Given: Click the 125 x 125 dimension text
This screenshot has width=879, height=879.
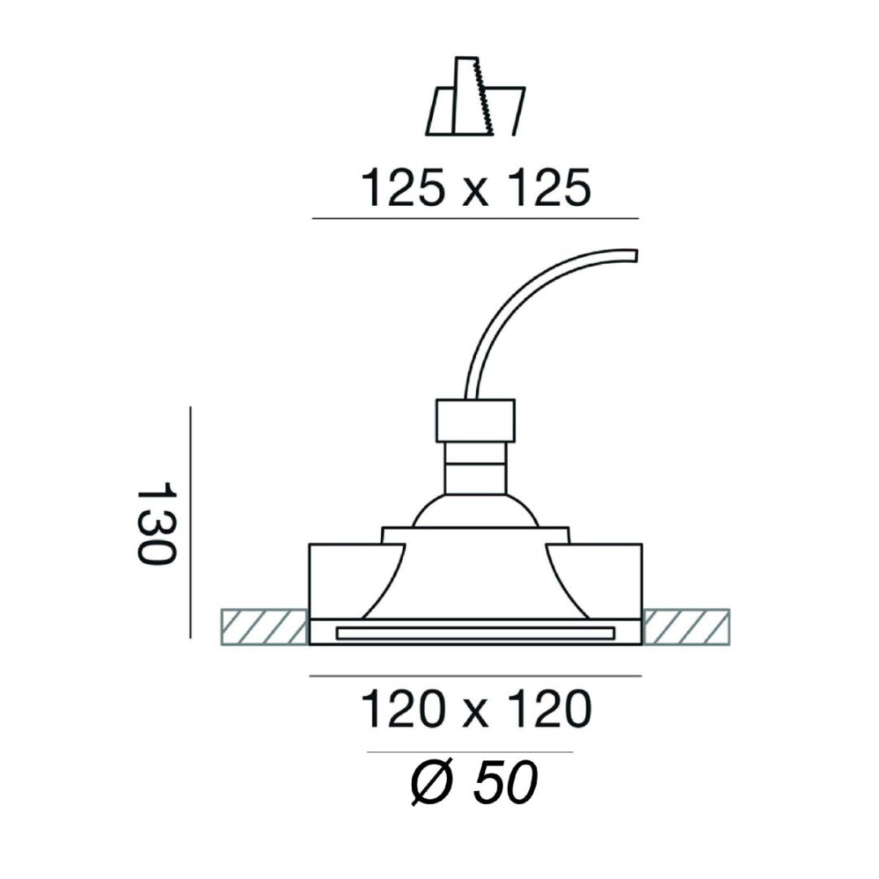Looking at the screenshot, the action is coord(476,187).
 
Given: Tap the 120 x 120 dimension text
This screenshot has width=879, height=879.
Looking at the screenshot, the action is coord(476,709).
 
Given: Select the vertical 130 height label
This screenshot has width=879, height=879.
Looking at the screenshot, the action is coord(156,522).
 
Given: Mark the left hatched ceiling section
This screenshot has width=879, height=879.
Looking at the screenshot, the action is coord(265,627).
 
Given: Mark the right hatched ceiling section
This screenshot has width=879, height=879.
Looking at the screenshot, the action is coord(686,627).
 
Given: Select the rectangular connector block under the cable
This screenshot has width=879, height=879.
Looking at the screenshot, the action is coord(475,421).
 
